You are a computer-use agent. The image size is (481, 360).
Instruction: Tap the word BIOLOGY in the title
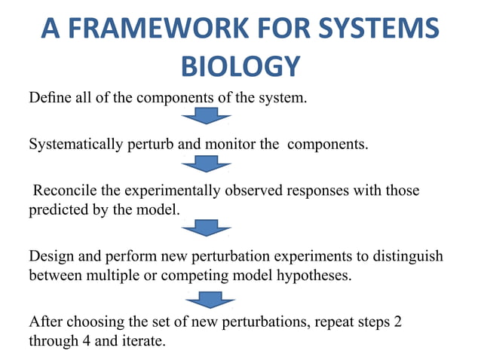point(240,66)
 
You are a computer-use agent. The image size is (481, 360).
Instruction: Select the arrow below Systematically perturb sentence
point(206,163)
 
